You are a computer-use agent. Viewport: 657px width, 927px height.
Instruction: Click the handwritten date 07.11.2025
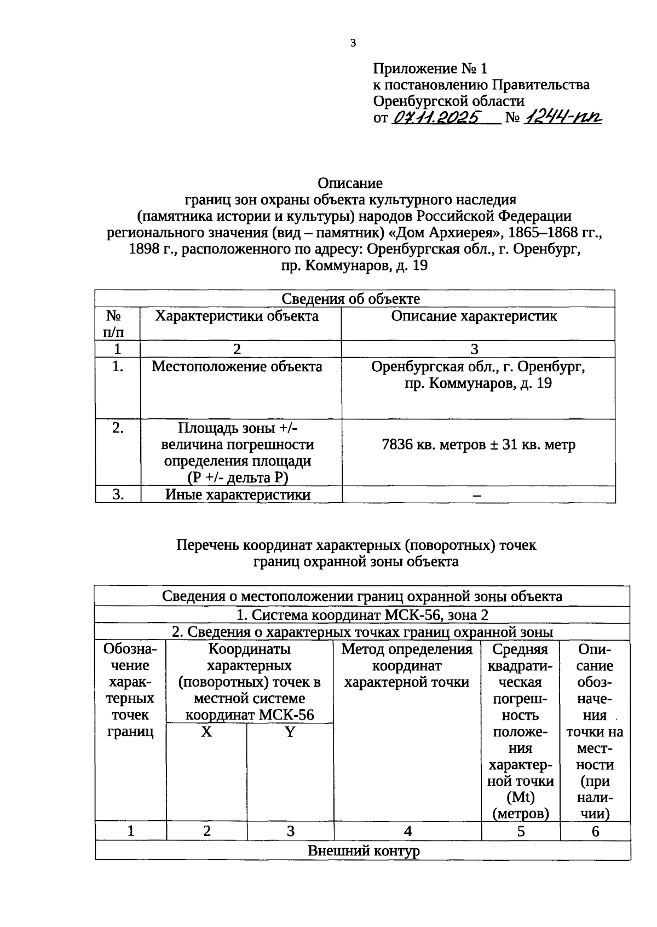436,117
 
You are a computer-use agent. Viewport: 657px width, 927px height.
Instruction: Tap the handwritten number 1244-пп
562,117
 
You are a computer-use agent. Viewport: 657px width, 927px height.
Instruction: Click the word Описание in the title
350,183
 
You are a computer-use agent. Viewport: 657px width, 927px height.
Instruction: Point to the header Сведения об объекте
350,298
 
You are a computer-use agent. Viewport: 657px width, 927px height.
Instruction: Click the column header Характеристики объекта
237,316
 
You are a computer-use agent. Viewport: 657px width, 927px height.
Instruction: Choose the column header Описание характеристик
474,316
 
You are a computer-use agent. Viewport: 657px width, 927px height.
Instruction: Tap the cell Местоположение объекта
237,366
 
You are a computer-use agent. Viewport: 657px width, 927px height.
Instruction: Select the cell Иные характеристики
238,494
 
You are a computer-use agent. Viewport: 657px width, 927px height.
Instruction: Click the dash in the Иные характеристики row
477,495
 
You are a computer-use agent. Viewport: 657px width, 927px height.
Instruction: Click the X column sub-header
206,732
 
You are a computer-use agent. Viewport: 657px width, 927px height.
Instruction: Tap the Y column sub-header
290,732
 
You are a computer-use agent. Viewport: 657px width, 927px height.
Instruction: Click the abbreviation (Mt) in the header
520,797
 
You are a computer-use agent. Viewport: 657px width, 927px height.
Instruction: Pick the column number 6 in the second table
595,831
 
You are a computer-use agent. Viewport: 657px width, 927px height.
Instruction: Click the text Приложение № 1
430,68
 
